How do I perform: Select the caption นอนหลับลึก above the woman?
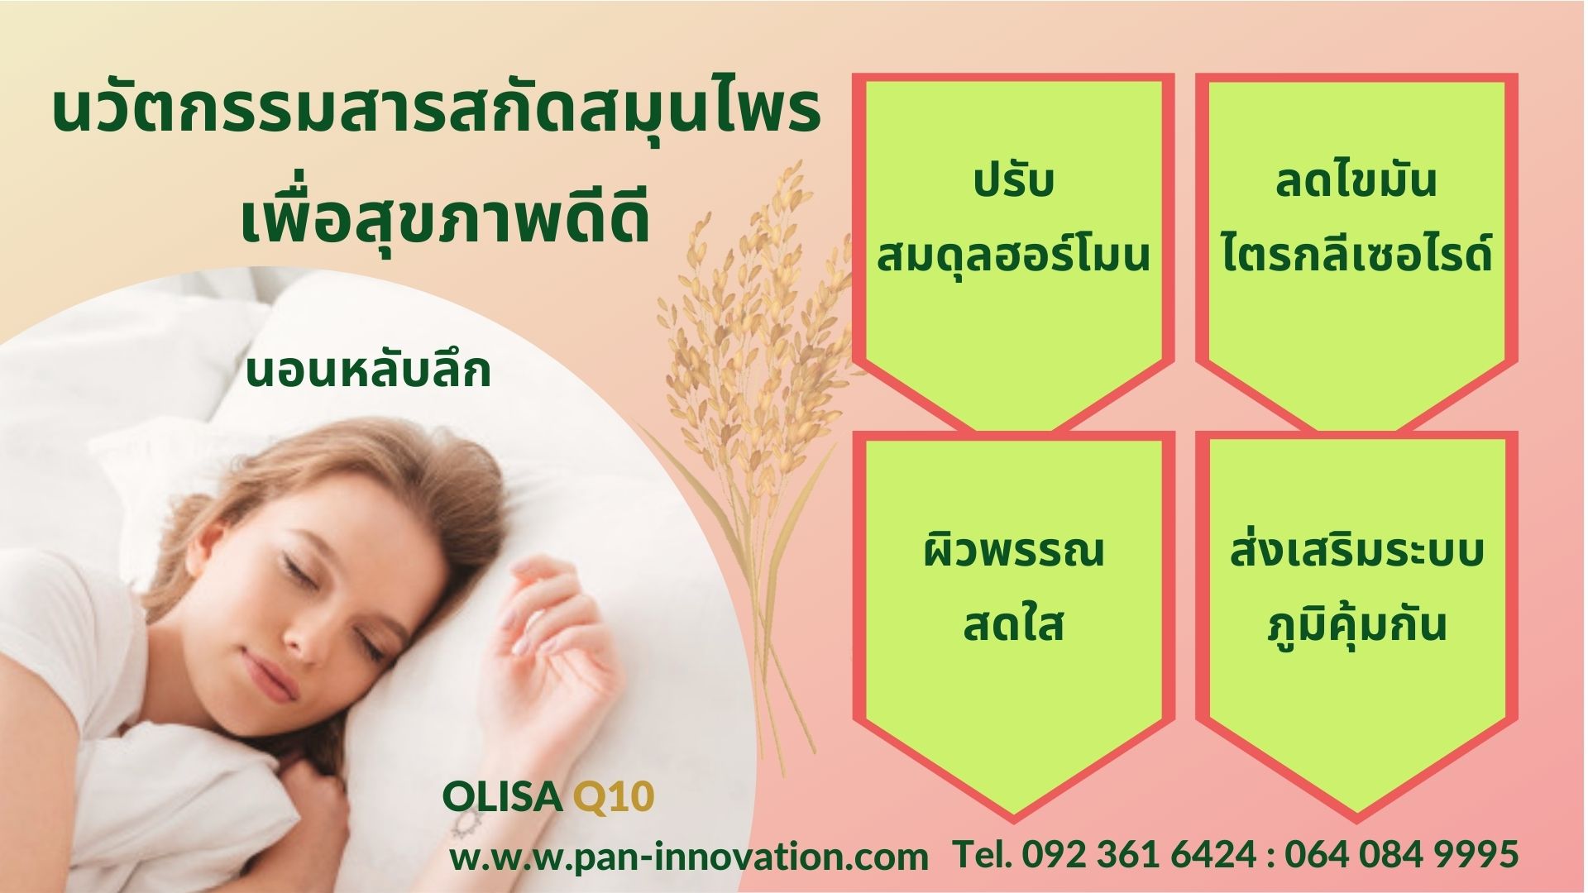[x=369, y=370]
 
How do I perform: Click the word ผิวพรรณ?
[x=1014, y=550]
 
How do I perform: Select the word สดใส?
[x=1014, y=624]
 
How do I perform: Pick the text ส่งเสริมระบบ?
[x=1356, y=550]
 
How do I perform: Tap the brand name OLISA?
[x=502, y=797]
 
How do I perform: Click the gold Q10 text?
[x=614, y=797]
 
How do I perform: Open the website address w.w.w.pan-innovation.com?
[x=689, y=857]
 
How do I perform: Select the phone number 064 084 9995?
[x=1402, y=853]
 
